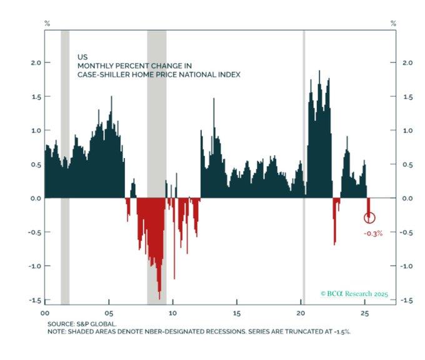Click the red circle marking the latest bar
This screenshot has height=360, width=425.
click(369, 217)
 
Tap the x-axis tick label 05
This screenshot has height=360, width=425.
click(109, 312)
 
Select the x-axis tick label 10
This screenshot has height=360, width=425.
click(173, 312)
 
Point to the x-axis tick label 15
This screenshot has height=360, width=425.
click(237, 312)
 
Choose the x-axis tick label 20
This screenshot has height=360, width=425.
click(301, 312)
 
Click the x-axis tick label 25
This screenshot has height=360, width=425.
click(365, 312)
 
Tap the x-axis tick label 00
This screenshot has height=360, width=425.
click(45, 312)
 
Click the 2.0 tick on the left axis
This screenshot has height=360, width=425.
click(35, 62)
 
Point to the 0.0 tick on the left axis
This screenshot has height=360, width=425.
click(35, 198)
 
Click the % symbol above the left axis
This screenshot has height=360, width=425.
click(46, 23)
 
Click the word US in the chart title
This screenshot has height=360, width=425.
click(74, 56)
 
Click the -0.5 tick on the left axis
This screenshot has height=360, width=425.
click(34, 232)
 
